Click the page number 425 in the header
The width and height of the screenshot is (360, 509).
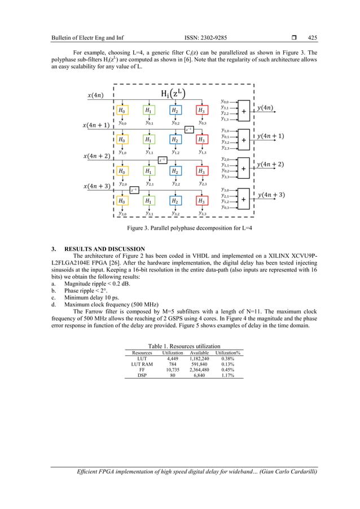[312, 38]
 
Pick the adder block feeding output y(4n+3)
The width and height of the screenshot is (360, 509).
[244, 199]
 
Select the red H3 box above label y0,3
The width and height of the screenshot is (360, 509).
[201, 111]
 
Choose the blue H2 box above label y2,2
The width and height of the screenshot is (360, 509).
[175, 170]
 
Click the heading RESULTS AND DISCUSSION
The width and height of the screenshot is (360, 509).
[107, 249]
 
